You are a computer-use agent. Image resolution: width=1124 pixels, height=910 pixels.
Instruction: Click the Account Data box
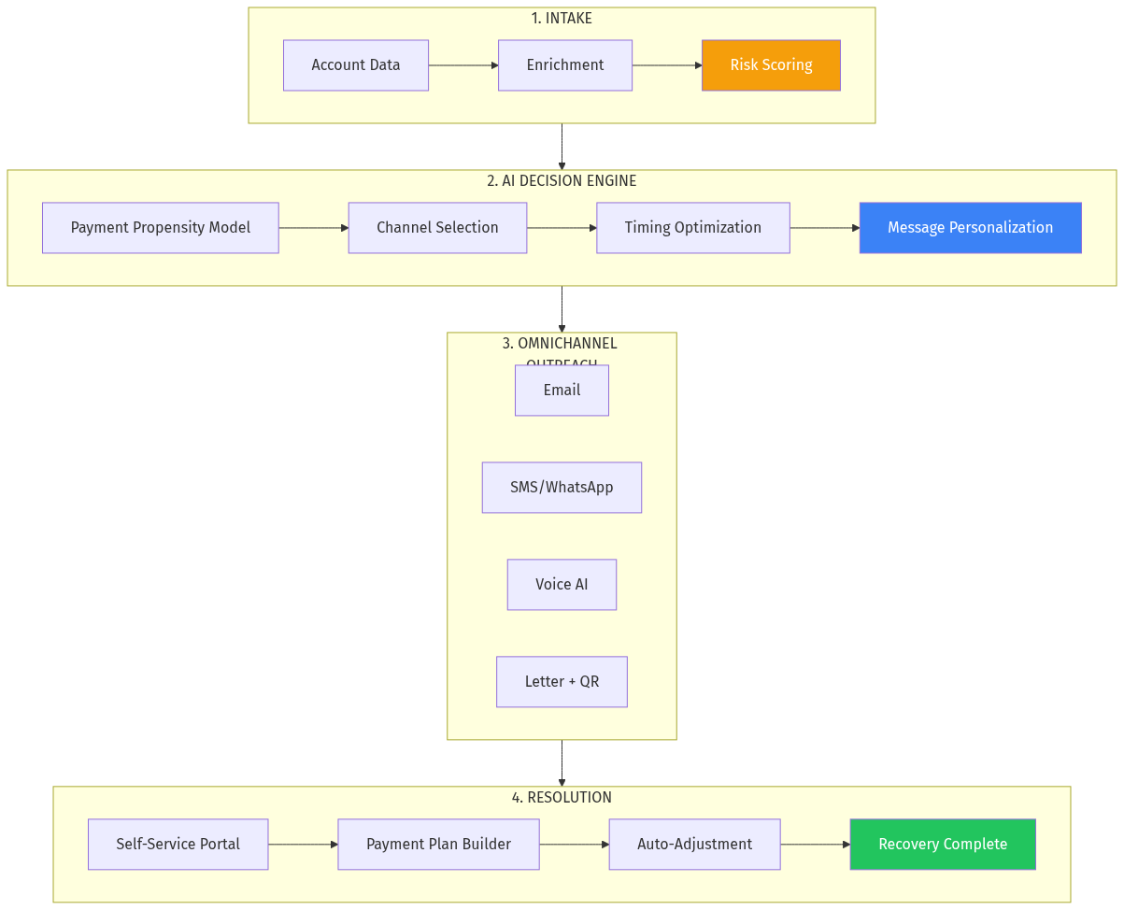point(356,65)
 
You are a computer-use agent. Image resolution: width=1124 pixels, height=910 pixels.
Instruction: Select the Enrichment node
point(565,65)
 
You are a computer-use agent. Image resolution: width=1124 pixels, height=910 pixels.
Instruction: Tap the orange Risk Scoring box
point(771,65)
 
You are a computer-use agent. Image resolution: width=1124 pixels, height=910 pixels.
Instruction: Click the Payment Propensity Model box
point(161,228)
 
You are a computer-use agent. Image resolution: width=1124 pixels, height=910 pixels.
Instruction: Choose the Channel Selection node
point(437,228)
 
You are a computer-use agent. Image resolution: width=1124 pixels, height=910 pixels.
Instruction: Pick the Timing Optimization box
point(693,228)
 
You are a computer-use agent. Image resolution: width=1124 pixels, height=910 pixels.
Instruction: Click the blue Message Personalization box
point(970,228)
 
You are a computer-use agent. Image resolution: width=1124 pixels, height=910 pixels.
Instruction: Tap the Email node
point(562,391)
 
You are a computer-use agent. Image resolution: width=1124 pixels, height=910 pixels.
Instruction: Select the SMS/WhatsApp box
point(562,488)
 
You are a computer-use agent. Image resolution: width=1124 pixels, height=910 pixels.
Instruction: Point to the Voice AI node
point(562,585)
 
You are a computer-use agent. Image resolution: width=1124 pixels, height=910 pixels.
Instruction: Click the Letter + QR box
point(562,682)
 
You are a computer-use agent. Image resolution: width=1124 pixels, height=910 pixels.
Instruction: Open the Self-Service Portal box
point(178,845)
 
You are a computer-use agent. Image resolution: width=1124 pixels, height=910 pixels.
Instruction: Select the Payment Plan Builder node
point(438,845)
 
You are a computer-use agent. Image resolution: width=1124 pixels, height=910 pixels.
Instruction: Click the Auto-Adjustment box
point(694,845)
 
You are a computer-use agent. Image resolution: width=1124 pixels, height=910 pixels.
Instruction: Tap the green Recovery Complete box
point(943,845)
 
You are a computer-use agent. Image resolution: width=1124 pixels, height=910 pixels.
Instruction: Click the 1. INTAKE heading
point(562,19)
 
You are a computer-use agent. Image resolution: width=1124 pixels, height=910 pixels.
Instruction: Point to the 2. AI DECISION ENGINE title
point(562,181)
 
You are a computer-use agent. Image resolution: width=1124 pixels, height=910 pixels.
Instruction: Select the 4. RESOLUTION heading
point(562,798)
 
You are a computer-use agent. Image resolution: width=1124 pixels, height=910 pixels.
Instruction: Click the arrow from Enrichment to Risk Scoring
point(667,65)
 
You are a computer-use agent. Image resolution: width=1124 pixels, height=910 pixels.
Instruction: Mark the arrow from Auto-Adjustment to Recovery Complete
point(815,845)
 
